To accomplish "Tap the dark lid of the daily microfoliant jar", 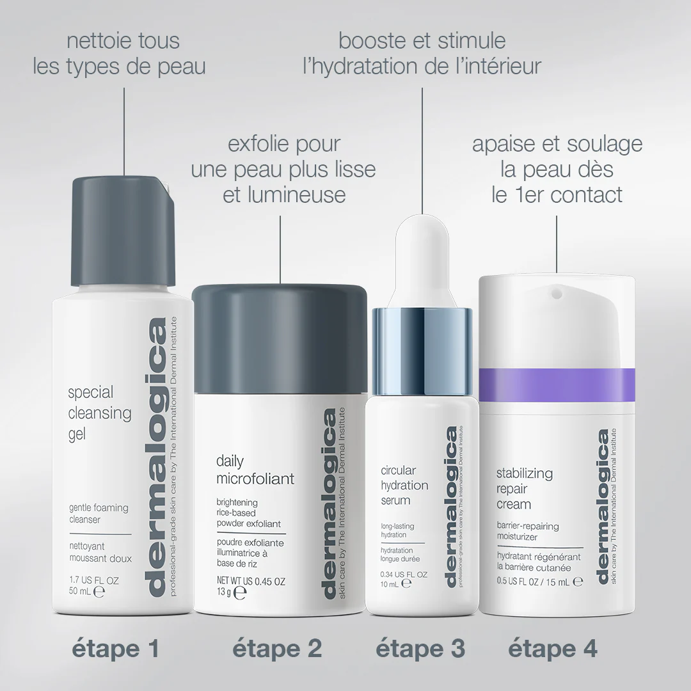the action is click(x=280, y=339).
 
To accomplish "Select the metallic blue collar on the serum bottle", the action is click(x=422, y=351).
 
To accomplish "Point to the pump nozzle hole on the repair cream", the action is click(x=557, y=292).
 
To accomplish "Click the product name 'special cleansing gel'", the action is click(x=100, y=413).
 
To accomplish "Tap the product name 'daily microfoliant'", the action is click(x=255, y=470).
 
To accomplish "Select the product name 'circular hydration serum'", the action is click(x=404, y=485).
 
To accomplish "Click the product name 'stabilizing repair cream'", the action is click(x=525, y=489).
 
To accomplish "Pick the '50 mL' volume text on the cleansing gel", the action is click(x=80, y=591).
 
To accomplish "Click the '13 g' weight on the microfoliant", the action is click(x=224, y=592).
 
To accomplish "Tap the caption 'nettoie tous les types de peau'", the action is click(x=120, y=54).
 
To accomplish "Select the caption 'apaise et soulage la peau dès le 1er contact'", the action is click(x=557, y=169).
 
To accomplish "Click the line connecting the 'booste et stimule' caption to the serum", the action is click(x=422, y=151).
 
